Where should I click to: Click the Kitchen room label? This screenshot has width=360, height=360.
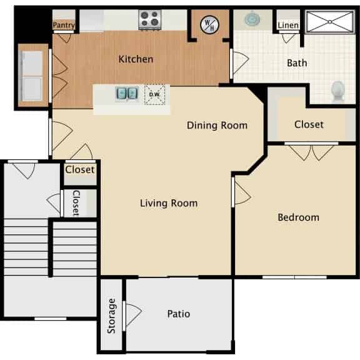pyautogui.click(x=136, y=59)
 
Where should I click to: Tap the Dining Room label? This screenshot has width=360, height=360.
pyautogui.click(x=217, y=125)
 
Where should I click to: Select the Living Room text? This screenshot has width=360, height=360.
pyautogui.click(x=169, y=202)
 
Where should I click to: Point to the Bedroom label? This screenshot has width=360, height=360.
pyautogui.click(x=298, y=217)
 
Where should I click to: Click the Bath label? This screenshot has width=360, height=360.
pyautogui.click(x=296, y=62)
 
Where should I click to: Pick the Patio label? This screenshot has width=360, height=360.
pyautogui.click(x=179, y=314)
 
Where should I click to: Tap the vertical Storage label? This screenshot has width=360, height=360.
pyautogui.click(x=112, y=316)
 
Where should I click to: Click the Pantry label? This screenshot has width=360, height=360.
pyautogui.click(x=64, y=26)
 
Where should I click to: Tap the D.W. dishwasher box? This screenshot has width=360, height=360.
pyautogui.click(x=154, y=94)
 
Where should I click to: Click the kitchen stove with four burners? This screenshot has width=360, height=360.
pyautogui.click(x=149, y=19)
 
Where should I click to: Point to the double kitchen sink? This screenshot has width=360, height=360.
pyautogui.click(x=126, y=94)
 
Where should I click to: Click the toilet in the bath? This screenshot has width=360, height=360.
pyautogui.click(x=338, y=91)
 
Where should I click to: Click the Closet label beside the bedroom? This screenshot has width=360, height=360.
pyautogui.click(x=309, y=124)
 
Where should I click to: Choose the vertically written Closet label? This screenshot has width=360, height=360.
pyautogui.click(x=76, y=202)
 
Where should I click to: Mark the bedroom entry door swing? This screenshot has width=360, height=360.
pyautogui.click(x=241, y=194)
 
